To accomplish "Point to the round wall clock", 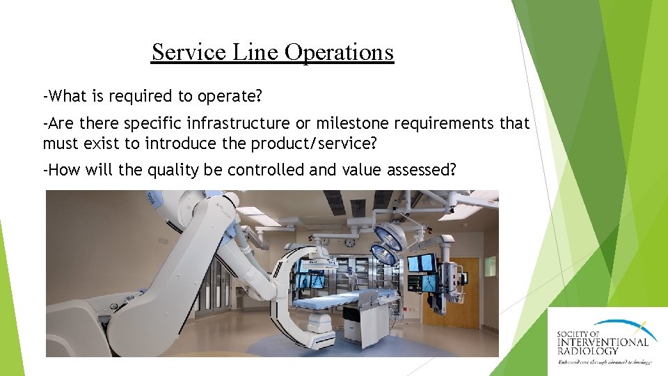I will click(350, 243).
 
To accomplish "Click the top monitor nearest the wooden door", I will click(421, 263).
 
